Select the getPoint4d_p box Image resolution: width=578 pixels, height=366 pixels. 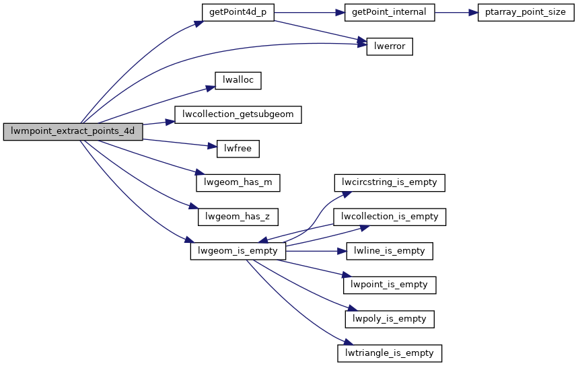pos(238,13)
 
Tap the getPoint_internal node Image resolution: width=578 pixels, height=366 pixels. pos(389,13)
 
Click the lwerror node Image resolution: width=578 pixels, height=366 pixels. pos(389,46)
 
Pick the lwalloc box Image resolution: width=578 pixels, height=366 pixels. pos(238,80)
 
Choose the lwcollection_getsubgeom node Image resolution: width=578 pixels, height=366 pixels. pos(238,114)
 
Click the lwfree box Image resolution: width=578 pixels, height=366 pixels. pos(238,149)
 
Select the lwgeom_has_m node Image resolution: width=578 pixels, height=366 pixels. pos(238,182)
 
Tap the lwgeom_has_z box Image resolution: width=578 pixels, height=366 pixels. pos(238,217)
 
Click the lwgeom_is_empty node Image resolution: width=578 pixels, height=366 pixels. pos(238,251)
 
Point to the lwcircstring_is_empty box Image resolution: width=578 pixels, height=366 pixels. pos(390,182)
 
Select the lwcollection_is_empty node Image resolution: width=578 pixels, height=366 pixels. pos(390,217)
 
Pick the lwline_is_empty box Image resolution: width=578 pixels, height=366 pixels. pos(390,251)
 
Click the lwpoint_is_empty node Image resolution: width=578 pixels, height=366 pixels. pos(390,285)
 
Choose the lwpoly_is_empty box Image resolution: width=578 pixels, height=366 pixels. pos(390,319)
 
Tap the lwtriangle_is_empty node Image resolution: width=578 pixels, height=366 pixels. pos(390,353)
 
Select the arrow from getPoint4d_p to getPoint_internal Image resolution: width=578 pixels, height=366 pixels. pos(309,13)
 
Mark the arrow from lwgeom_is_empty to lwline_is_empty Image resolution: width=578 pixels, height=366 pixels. pos(316,251)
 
